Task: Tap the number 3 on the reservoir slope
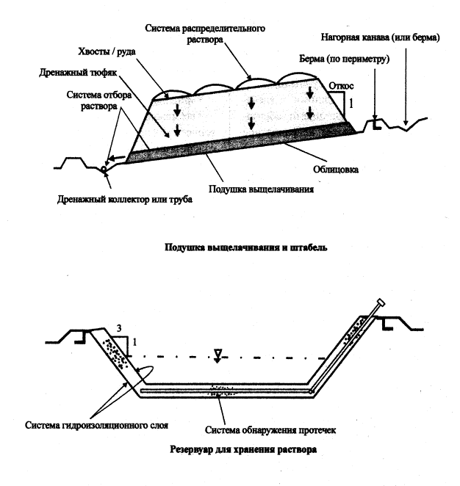pos(118,326)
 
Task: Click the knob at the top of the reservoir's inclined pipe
pos(381,302)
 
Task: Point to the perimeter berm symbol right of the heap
pos(376,123)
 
